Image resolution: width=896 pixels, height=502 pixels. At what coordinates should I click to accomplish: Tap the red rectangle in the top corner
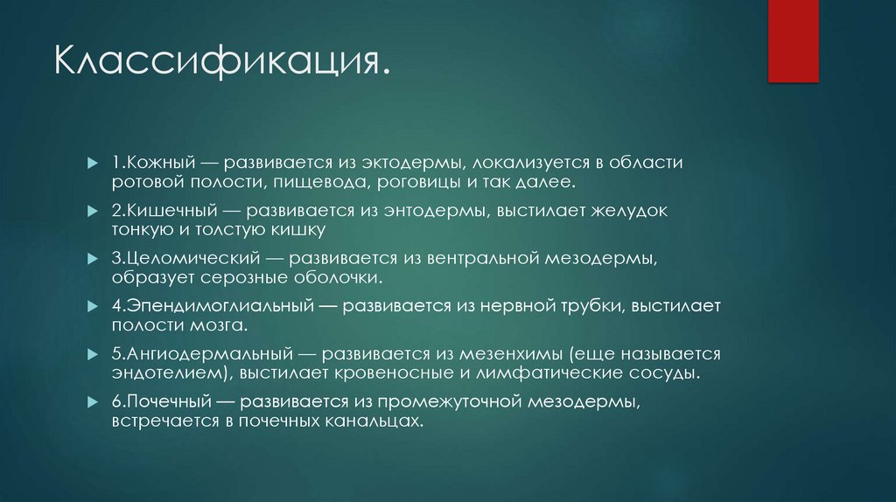pos(793,40)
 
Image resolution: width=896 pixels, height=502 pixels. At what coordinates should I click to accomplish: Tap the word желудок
pos(660,212)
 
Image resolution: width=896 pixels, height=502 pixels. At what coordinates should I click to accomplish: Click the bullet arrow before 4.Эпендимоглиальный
pos(93,308)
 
